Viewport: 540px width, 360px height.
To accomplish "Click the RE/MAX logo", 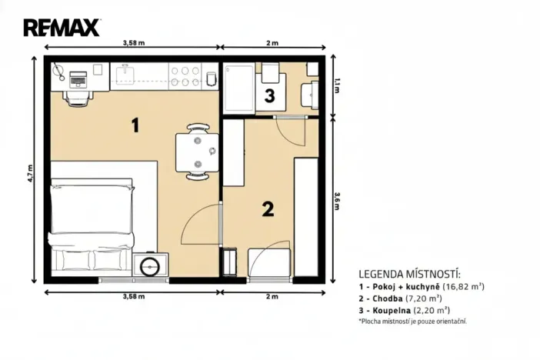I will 62,28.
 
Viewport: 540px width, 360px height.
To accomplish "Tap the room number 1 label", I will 135,125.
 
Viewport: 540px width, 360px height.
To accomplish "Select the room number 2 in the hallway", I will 268,208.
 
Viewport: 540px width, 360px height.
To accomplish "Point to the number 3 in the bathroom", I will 268,96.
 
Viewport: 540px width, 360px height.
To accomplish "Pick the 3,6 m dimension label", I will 336,201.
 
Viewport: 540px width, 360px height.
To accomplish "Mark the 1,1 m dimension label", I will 336,87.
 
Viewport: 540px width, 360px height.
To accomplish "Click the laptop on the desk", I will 78,78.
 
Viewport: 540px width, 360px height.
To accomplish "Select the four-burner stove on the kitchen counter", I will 185,75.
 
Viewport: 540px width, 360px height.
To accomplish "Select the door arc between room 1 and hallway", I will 202,222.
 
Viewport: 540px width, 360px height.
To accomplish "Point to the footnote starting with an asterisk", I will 412,322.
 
